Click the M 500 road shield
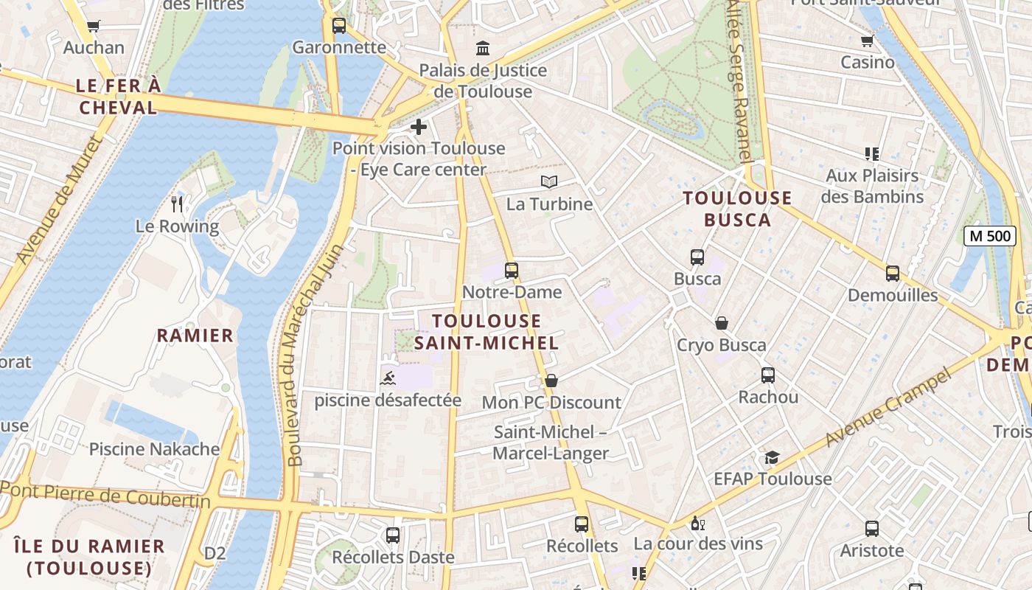[989, 236]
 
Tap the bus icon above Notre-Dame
[512, 271]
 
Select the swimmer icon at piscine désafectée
[388, 379]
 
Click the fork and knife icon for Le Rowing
[177, 204]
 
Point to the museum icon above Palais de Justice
[483, 49]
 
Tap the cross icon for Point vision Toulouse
[419, 127]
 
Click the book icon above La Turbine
[549, 181]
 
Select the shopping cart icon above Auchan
[94, 27]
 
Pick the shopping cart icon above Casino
[868, 41]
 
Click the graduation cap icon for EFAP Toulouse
[772, 457]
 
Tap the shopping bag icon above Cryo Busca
[722, 323]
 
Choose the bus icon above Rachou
[768, 375]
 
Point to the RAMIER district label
[195, 336]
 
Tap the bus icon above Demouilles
[893, 274]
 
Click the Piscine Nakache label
[154, 449]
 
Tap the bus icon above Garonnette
[339, 26]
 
